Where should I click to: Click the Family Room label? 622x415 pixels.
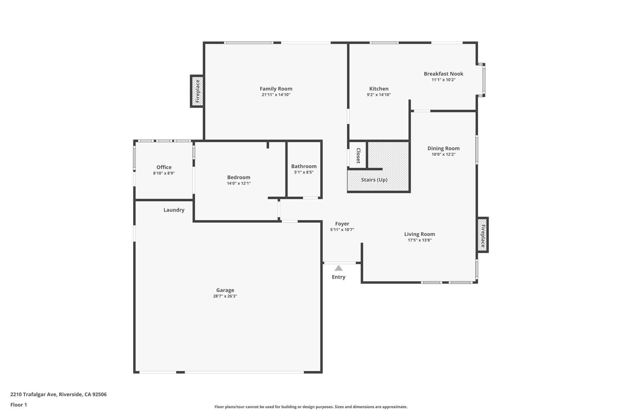click(276, 89)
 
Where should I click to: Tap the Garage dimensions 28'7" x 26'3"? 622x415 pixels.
click(225, 296)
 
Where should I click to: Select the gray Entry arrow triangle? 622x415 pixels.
click(338, 268)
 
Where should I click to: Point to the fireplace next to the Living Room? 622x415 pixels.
click(482, 235)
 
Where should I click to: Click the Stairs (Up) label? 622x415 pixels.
click(374, 180)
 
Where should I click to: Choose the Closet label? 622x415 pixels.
click(358, 155)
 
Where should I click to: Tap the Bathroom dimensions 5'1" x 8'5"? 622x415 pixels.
click(304, 172)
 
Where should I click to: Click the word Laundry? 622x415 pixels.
click(174, 210)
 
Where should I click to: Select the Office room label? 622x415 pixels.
click(164, 167)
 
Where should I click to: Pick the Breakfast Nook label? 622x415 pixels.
click(443, 74)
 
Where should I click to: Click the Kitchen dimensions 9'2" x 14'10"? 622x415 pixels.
click(378, 95)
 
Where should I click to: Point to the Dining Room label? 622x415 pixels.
click(443, 148)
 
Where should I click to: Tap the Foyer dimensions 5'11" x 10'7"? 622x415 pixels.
click(342, 230)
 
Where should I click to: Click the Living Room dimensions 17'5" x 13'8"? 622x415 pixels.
click(419, 240)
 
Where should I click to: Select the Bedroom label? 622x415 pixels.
click(238, 177)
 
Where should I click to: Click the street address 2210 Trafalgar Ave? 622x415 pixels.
click(33, 394)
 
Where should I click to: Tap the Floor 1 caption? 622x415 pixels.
click(19, 405)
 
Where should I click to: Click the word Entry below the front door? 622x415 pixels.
click(338, 277)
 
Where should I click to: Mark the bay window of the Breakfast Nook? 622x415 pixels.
click(484, 80)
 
